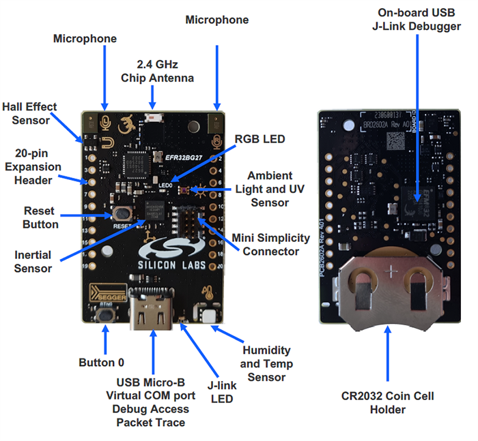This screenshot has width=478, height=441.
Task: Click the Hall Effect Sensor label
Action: pos(29,114)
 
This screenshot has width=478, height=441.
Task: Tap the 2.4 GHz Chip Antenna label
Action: pos(157,71)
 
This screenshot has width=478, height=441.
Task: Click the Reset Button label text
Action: pos(40,217)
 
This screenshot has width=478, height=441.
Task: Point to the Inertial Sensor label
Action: pos(33,262)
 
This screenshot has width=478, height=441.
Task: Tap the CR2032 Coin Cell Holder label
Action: pos(388,402)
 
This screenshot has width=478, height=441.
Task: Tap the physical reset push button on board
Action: pos(124,214)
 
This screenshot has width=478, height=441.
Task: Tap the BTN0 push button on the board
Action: pos(107,316)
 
